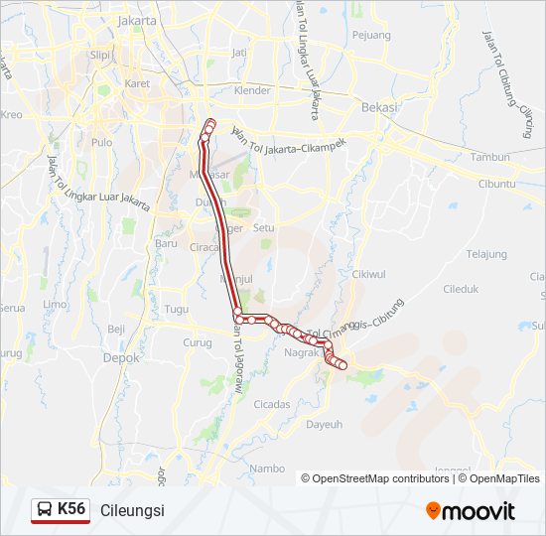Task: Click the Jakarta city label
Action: pyautogui.click(x=136, y=20)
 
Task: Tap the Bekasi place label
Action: pyautogui.click(x=379, y=106)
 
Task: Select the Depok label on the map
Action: pyautogui.click(x=122, y=358)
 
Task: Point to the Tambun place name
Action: pyautogui.click(x=490, y=157)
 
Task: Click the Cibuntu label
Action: pyautogui.click(x=496, y=184)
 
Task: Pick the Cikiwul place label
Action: pyautogui.click(x=367, y=274)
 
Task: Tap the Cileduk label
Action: pyautogui.click(x=461, y=290)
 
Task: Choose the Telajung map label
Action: pyautogui.click(x=486, y=253)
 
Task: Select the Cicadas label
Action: pyautogui.click(x=272, y=404)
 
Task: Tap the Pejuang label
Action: pyautogui.click(x=371, y=36)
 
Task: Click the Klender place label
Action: pyautogui.click(x=251, y=90)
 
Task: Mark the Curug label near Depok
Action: pyautogui.click(x=197, y=342)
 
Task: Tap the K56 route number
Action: pyautogui.click(x=71, y=509)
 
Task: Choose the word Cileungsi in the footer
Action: pyautogui.click(x=132, y=510)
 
